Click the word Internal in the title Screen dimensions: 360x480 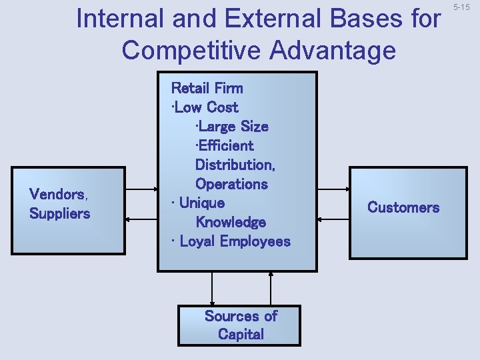coord(121,19)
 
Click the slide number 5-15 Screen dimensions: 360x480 coord(461,7)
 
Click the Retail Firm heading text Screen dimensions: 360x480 coord(207,88)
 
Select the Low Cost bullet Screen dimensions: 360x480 coord(205,107)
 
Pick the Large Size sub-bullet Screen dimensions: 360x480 coord(231,126)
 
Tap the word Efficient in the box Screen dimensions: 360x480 coord(225,145)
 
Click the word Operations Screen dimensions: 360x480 coord(231,183)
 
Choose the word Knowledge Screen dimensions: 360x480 coord(231,222)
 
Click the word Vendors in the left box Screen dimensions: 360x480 coord(57,195)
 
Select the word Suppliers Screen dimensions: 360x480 coord(59,214)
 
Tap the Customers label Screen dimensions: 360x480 coord(403,207)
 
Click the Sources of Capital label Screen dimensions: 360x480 coord(240,325)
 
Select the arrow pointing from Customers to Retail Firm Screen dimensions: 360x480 coord(333,218)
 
